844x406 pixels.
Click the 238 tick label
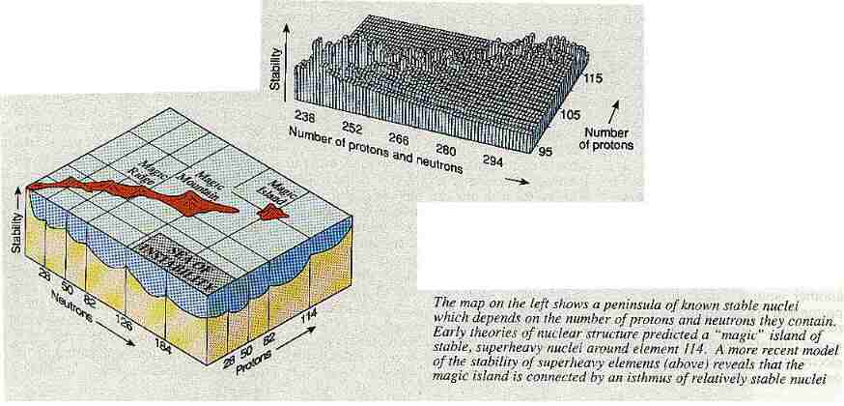pyautogui.click(x=307, y=116)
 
